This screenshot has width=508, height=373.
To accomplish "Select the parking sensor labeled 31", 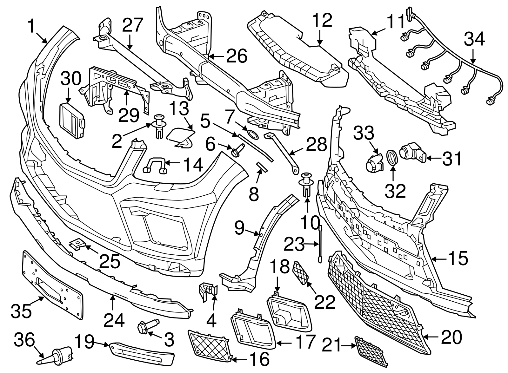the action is pos(412,153).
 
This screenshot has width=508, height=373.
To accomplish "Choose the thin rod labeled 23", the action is pos(320,244).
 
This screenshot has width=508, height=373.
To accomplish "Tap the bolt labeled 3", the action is pos(148,327).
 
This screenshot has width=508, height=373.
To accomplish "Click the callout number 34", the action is pos(474,39).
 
